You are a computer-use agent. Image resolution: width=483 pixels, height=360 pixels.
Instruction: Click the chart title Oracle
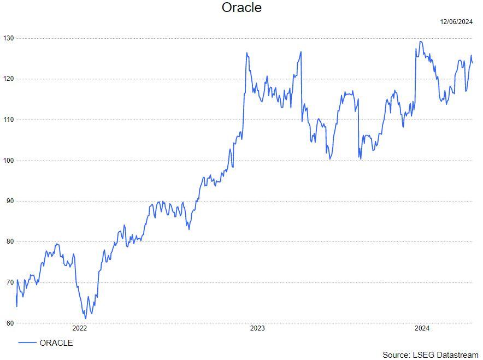click(241, 8)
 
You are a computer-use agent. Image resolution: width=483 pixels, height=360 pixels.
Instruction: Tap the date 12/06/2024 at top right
click(456, 22)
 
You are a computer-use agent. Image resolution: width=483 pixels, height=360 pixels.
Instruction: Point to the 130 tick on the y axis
click(8, 38)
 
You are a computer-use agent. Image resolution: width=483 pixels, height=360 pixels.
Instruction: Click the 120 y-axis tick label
click(8, 79)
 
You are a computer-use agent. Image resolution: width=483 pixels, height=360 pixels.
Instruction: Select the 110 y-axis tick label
click(8, 120)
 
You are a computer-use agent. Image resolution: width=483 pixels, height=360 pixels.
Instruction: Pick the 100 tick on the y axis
click(8, 160)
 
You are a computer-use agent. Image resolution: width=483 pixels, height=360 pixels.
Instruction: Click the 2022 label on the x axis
click(79, 328)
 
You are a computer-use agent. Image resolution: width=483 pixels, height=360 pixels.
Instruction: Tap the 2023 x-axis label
click(257, 328)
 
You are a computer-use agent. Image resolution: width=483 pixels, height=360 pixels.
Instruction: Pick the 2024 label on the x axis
click(421, 328)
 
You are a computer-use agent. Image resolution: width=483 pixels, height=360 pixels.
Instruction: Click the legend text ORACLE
click(56, 343)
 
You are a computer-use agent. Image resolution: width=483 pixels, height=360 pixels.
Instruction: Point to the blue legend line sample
click(27, 343)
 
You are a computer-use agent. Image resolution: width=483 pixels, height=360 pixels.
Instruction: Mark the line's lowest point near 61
click(85, 318)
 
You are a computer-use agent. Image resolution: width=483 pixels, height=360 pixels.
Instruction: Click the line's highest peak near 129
click(420, 42)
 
